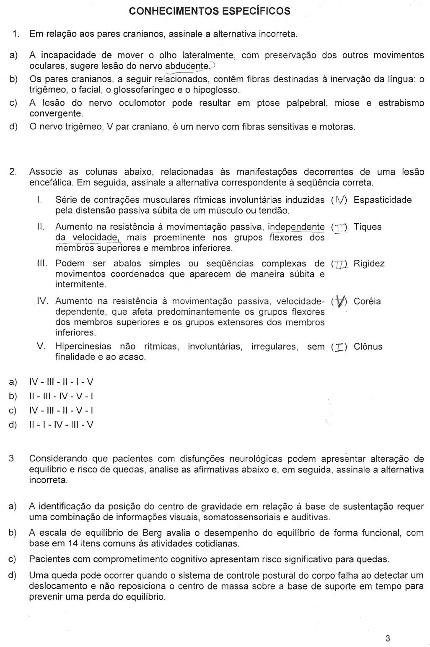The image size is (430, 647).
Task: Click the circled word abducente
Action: tap(187, 66)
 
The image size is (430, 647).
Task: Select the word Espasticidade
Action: tap(382, 200)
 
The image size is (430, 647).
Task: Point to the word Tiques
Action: tap(367, 227)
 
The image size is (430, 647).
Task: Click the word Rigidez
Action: tap(369, 264)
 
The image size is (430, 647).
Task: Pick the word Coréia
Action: tap(367, 301)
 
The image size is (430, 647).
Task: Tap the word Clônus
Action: tap(368, 347)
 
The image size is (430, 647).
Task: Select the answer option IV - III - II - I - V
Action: tap(61, 382)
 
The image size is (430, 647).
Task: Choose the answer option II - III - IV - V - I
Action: tap(61, 396)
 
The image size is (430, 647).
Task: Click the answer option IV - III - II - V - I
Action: tap(61, 410)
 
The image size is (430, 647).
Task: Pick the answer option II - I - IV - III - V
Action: tap(61, 425)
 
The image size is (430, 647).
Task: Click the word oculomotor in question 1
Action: tap(145, 103)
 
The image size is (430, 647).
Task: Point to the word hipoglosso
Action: tap(217, 90)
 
